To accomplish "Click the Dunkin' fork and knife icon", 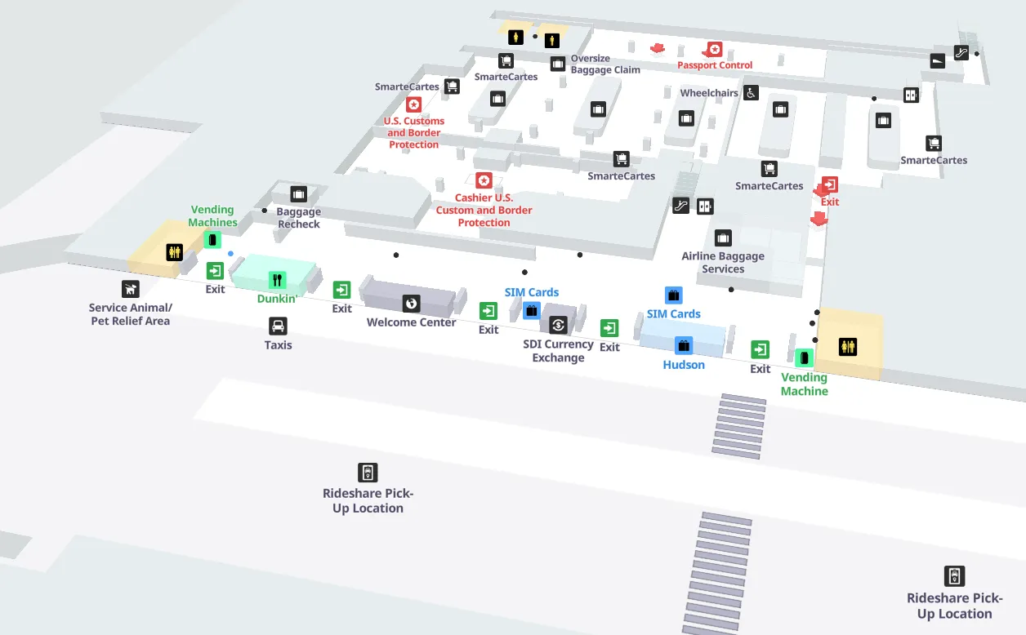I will pos(278,281).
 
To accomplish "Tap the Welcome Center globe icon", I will pos(411,304).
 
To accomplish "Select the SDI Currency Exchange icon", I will pos(558,325).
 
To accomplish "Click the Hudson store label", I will pos(684,365).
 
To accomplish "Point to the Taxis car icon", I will pos(278,326).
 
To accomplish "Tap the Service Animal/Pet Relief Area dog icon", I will pos(130,288).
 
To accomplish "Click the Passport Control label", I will pos(715,65).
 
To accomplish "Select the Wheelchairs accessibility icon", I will pos(751,93).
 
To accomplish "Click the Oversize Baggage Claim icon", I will pos(558,64).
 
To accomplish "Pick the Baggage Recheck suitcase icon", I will pos(298,194).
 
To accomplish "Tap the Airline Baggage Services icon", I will pos(723,238).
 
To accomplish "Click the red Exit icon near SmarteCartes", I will pos(830,184).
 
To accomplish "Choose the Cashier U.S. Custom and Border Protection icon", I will pos(484,180).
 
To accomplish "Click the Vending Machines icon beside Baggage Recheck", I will pos(212,239).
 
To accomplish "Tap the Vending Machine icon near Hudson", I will pos(804,357).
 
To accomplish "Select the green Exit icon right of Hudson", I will pos(760,349).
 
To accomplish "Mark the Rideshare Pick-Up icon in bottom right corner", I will pos(954,575).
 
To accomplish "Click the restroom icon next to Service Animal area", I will pos(174,252).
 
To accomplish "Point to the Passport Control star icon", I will pos(715,50).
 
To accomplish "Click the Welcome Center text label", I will pos(411,322).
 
